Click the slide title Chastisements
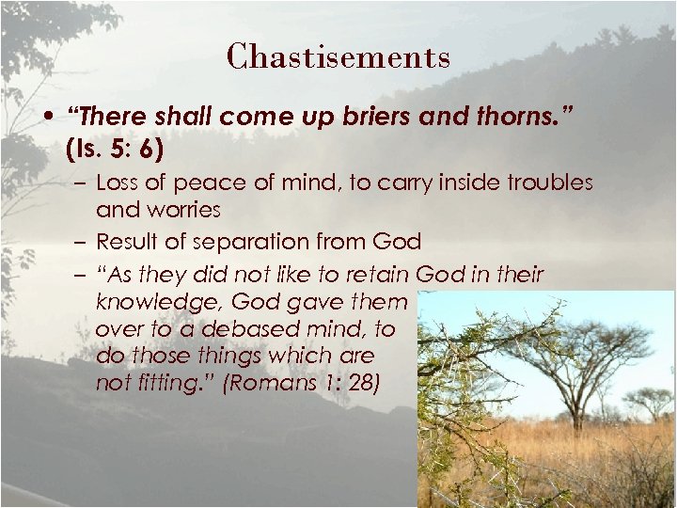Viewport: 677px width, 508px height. click(338, 56)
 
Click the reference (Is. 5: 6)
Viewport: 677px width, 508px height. click(118, 148)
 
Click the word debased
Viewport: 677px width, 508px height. click(210, 331)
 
